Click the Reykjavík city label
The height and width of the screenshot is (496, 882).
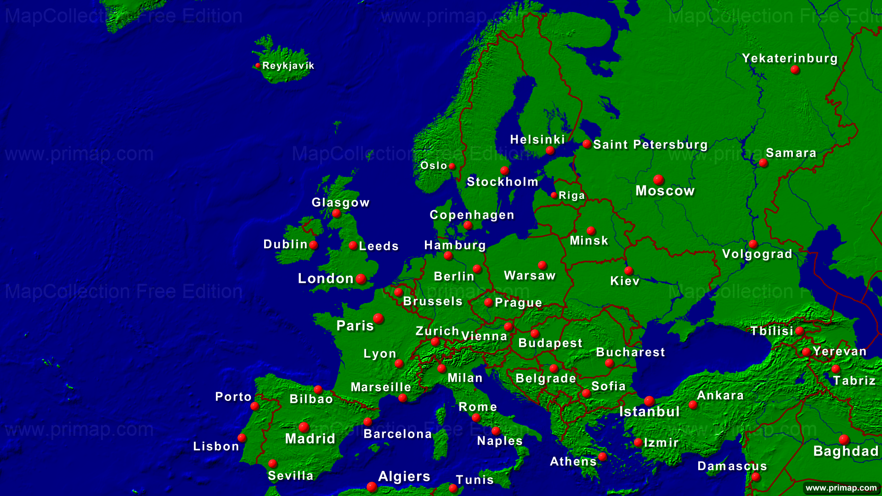pos(288,66)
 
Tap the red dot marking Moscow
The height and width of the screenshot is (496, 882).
pos(658,180)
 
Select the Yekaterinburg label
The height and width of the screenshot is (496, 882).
pos(790,58)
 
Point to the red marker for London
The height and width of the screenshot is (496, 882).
pos(361,278)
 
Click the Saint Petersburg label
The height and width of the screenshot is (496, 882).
pos(650,145)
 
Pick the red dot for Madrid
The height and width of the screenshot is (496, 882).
pos(304,427)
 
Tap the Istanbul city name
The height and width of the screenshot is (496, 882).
pos(649,411)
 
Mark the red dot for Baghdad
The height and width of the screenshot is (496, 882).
pos(844,440)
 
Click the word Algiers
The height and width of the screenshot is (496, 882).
pos(404,477)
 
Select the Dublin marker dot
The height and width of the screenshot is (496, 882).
pos(314,245)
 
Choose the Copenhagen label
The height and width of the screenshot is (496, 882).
pos(472,215)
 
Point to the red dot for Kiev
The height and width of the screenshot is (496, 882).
pos(629,271)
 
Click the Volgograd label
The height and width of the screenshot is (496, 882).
pos(757,254)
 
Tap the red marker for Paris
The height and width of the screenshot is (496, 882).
pos(379,318)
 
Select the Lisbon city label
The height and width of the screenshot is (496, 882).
pos(216,446)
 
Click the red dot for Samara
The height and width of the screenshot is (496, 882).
pos(763,163)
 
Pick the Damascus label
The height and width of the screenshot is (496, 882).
pos(732,466)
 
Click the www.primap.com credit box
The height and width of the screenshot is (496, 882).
pos(841,488)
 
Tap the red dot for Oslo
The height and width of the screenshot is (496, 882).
pos(452,166)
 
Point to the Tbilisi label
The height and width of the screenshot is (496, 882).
pos(772,331)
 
